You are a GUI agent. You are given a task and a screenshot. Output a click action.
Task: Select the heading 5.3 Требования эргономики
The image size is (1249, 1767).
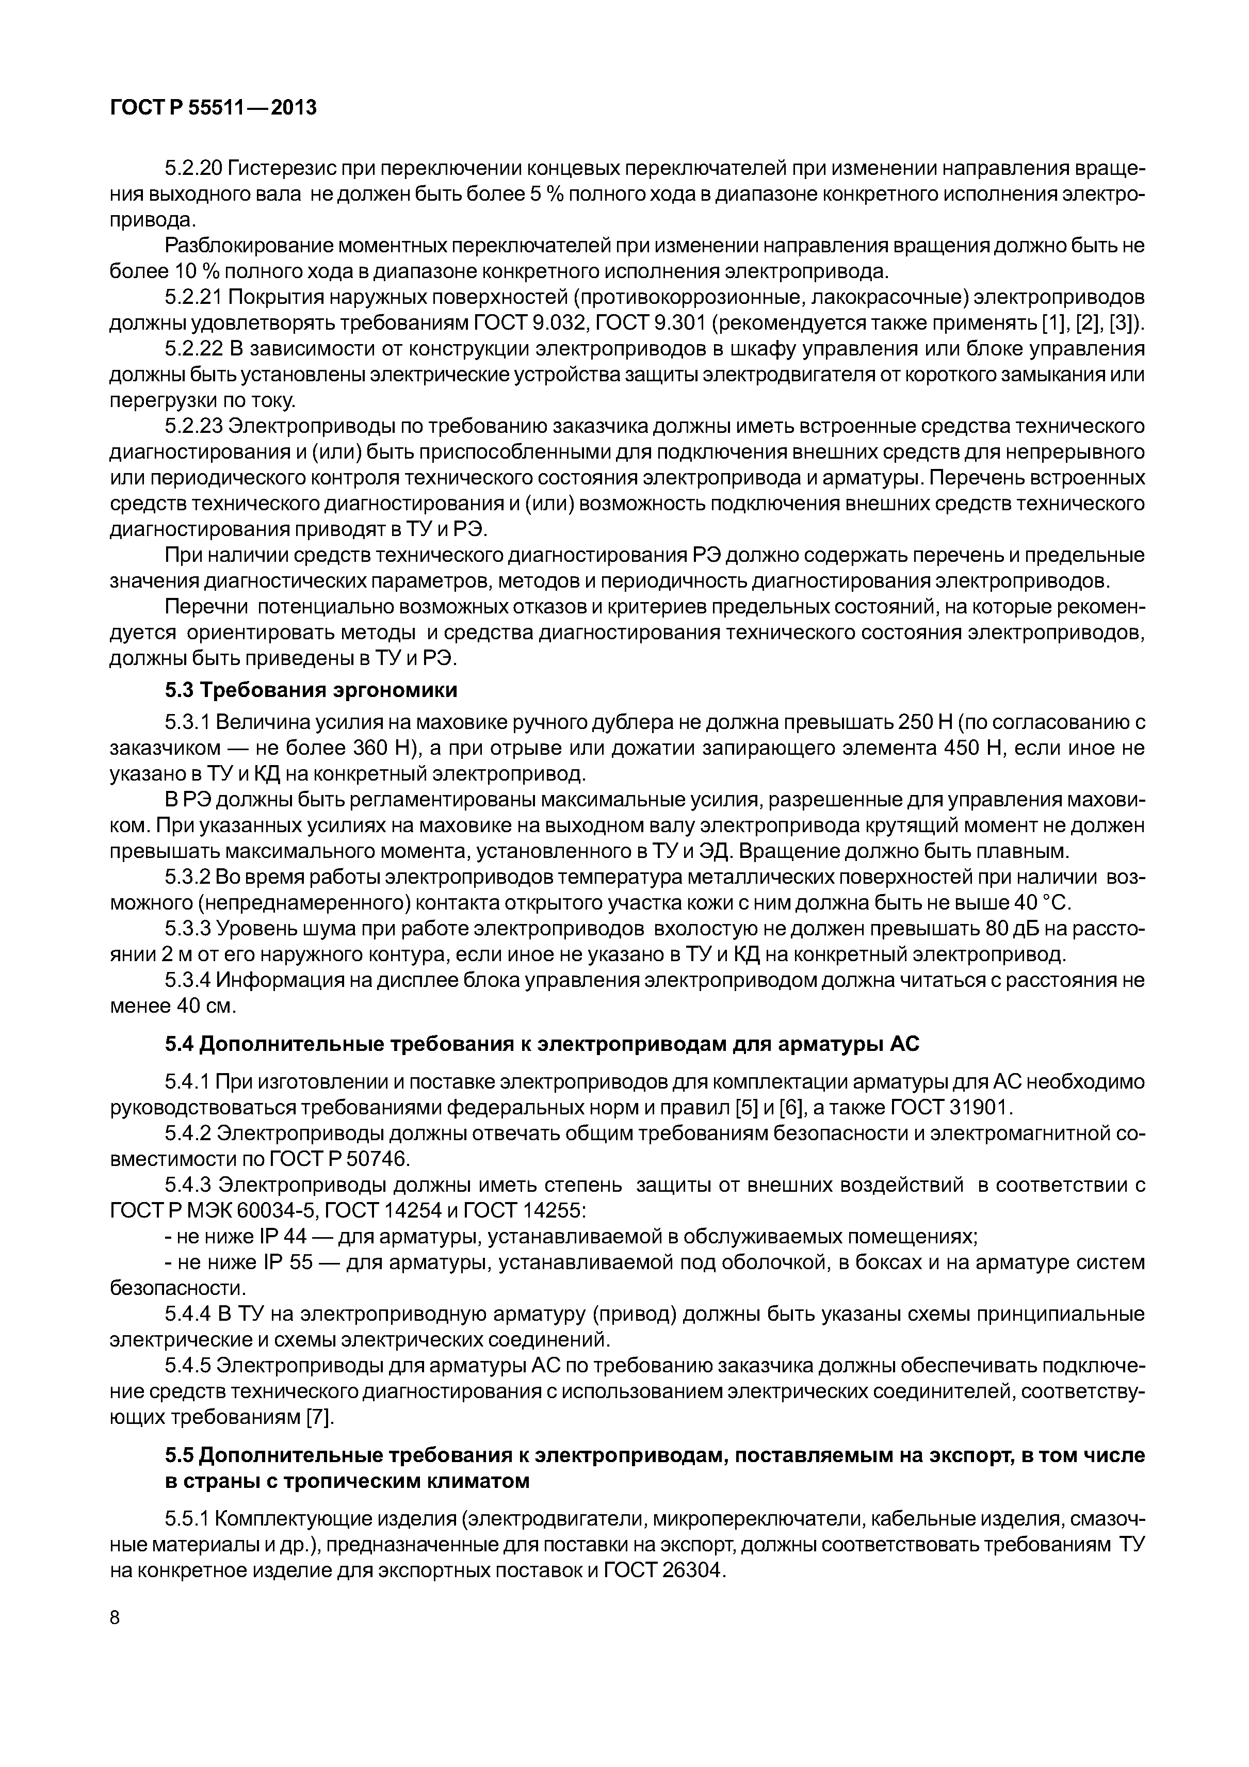click(x=311, y=690)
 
